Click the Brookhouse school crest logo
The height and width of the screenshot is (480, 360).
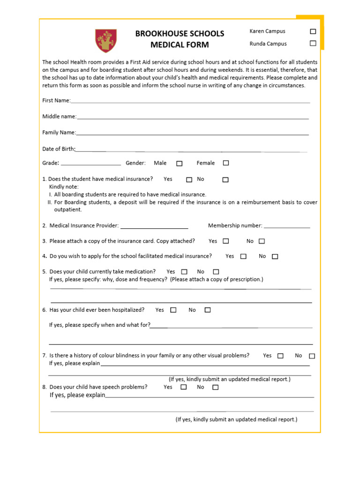(106, 40)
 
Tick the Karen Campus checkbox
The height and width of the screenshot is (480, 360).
(313, 31)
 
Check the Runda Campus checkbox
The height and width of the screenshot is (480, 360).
(313, 44)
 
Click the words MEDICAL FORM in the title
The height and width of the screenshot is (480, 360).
(180, 45)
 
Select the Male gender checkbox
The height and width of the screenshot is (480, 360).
(180, 164)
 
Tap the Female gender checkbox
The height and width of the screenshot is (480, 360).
(226, 163)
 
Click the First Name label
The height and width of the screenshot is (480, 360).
(56, 101)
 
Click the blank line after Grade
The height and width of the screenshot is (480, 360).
(91, 165)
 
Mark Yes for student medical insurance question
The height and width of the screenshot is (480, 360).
(189, 180)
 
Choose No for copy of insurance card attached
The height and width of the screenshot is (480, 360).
(262, 241)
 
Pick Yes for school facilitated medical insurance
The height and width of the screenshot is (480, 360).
(243, 256)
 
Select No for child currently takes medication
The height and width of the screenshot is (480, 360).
(216, 272)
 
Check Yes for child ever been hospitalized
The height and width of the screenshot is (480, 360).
(173, 310)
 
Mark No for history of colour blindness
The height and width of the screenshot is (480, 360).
(312, 356)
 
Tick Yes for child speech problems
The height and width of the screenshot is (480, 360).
(183, 387)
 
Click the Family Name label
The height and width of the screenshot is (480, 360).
(59, 133)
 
